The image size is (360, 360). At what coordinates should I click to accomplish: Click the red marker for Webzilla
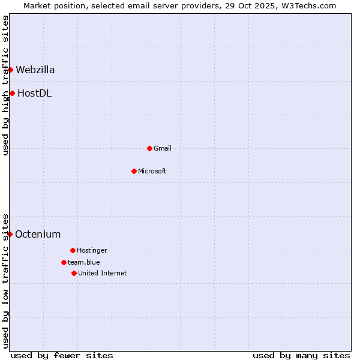coord(10,70)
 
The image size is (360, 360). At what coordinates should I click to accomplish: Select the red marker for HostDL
coord(12,93)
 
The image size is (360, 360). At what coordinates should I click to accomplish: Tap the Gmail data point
coord(149,148)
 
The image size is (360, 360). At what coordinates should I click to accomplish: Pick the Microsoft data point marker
coord(134,171)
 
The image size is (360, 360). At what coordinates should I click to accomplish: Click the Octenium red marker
coord(10,234)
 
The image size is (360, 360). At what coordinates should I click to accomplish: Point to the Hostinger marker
coord(73,250)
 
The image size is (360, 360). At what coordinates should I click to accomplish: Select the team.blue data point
coord(64,262)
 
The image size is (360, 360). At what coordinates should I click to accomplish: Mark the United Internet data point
coord(74,273)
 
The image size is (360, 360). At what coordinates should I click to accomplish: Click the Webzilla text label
coord(35,70)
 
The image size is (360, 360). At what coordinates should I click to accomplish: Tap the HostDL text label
coord(34,93)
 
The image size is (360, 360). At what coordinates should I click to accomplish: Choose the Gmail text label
coord(163,148)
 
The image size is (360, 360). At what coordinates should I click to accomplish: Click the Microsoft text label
coord(152,171)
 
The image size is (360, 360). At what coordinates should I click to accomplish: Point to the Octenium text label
coord(38,234)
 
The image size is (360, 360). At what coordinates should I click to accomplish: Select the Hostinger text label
coord(92,250)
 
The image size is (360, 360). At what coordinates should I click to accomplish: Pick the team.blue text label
coord(84,262)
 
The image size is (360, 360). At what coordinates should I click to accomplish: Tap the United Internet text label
coord(103,273)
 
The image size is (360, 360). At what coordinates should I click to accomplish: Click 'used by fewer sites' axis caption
coord(62,355)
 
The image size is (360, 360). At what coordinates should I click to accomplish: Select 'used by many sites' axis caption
coord(301,355)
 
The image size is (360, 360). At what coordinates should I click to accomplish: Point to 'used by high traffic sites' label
coord(5,85)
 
